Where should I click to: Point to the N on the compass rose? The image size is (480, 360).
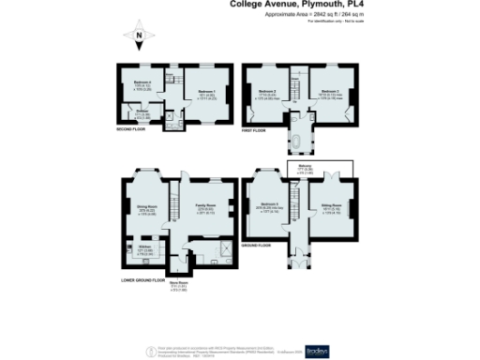(138, 39)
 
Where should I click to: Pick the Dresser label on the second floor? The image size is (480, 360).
(142, 112)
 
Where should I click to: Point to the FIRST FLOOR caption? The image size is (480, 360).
(255, 130)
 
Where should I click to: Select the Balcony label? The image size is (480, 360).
(331, 168)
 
